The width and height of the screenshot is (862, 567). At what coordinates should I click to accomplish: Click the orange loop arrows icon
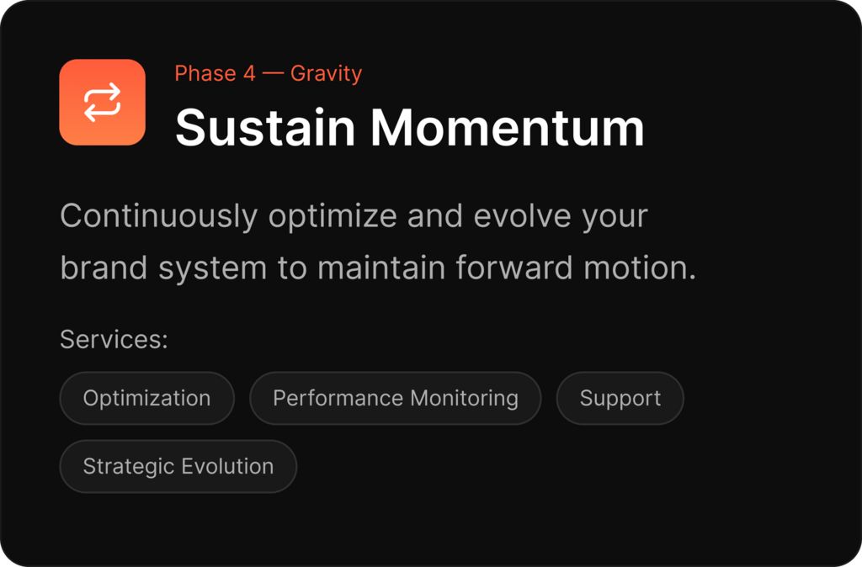tap(102, 102)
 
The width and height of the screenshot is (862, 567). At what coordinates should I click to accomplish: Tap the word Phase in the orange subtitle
tap(205, 73)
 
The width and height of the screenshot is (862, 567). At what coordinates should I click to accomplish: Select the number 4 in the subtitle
tap(249, 74)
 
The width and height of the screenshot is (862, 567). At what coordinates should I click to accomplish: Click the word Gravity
tap(326, 74)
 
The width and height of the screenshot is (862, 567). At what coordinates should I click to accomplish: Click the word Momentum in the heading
tap(507, 128)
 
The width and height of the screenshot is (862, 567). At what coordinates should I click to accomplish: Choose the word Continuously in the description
tap(159, 216)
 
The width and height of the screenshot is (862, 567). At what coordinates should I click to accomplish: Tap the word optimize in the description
tap(333, 216)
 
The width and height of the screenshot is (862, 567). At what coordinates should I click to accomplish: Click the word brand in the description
tap(104, 268)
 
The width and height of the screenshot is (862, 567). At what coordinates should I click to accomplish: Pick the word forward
tap(514, 268)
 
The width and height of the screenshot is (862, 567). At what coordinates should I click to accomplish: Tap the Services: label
tap(114, 339)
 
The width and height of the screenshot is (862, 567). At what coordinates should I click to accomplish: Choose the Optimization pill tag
tap(146, 398)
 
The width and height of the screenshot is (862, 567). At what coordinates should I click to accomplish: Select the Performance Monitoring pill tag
tap(396, 398)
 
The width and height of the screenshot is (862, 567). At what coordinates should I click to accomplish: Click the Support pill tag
tap(620, 398)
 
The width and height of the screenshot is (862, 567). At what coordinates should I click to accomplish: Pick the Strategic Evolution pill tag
tap(178, 466)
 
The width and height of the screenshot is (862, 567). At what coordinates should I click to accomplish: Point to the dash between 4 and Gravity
tap(273, 74)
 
